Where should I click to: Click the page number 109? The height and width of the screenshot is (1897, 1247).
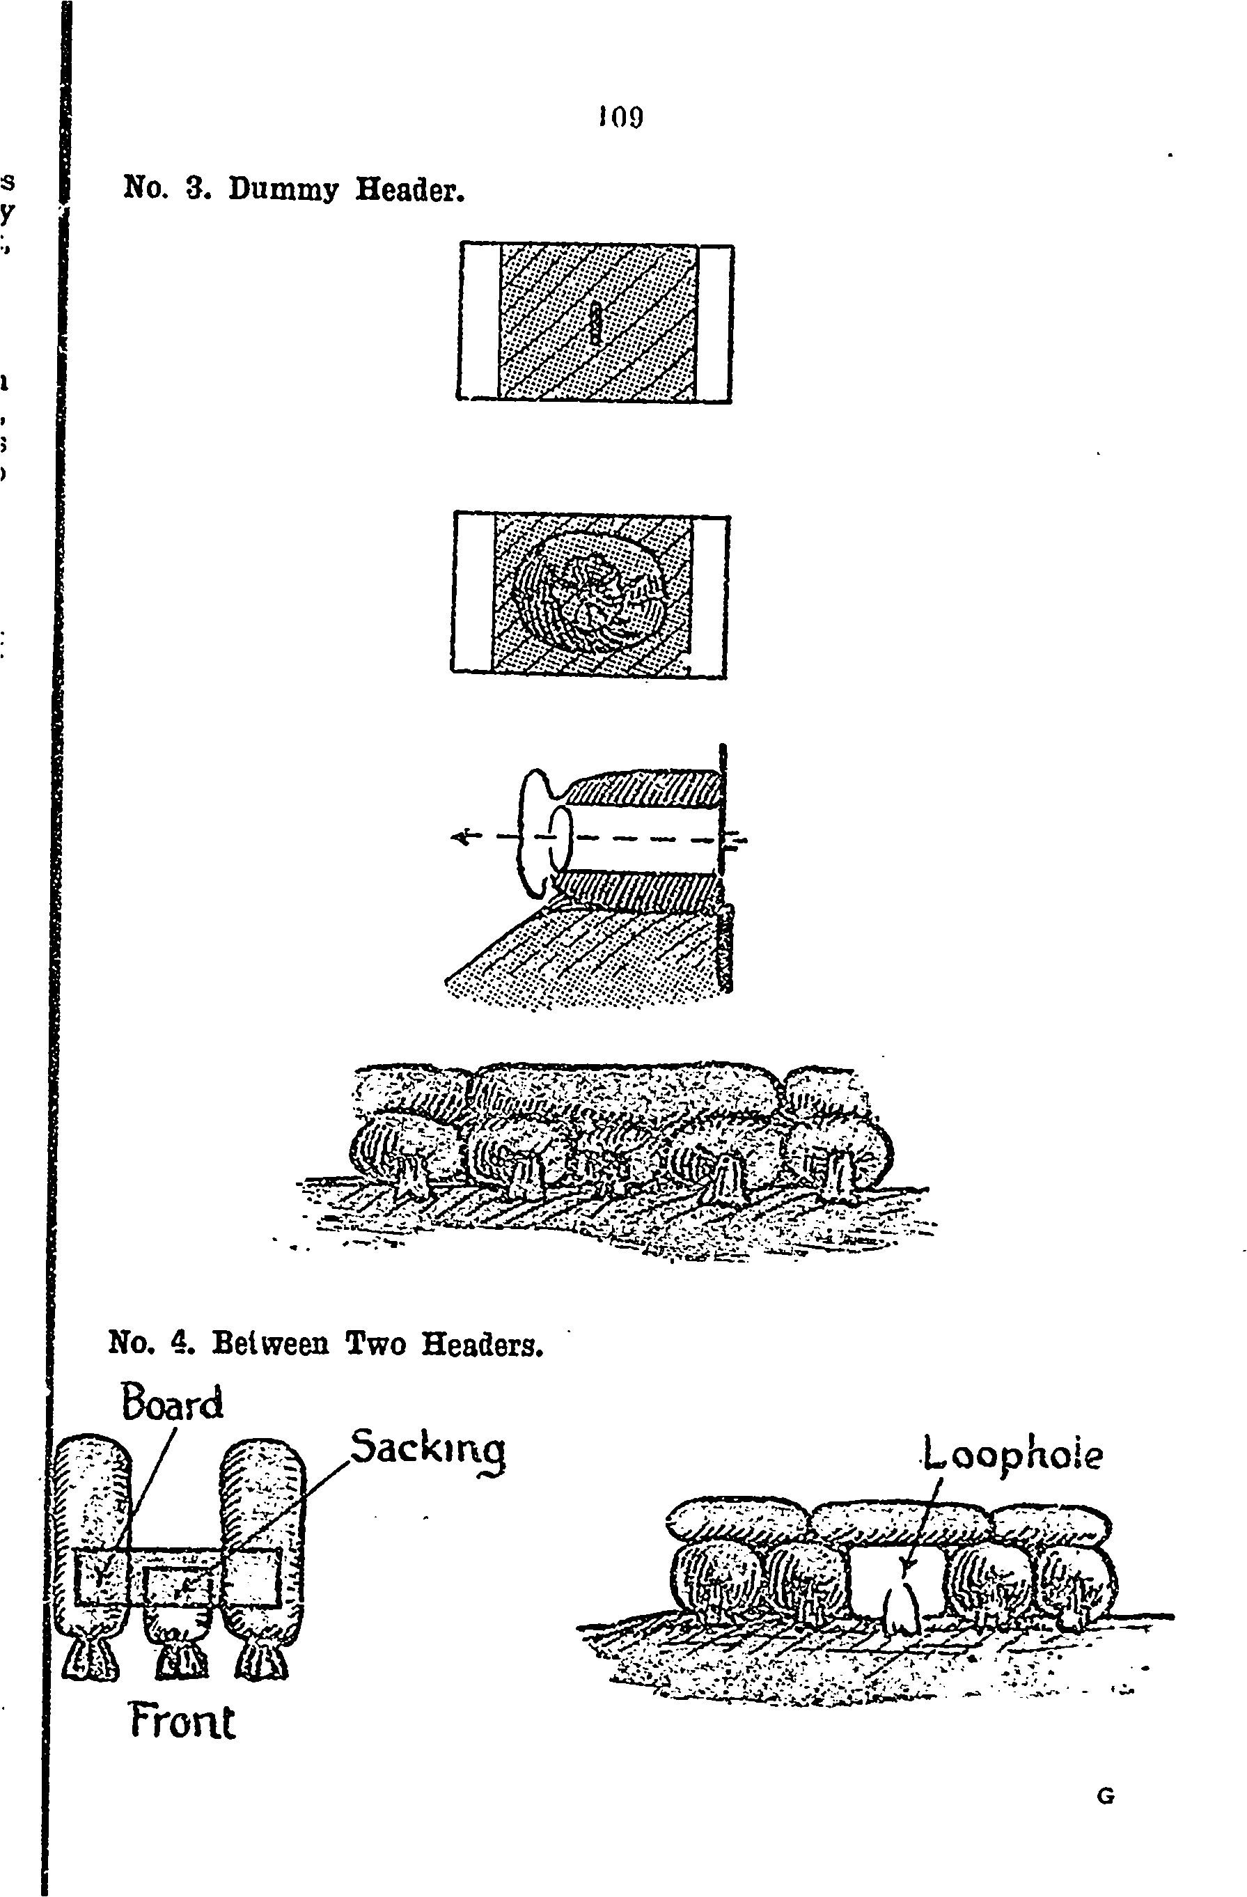click(x=620, y=118)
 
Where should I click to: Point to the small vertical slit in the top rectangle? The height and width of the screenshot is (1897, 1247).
click(x=594, y=322)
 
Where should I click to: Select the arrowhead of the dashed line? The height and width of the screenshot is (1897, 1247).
click(x=460, y=837)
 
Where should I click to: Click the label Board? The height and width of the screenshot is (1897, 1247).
click(x=172, y=1404)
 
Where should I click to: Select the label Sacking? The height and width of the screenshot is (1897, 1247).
click(x=428, y=1447)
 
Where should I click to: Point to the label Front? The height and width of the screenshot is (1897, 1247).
click(x=182, y=1722)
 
